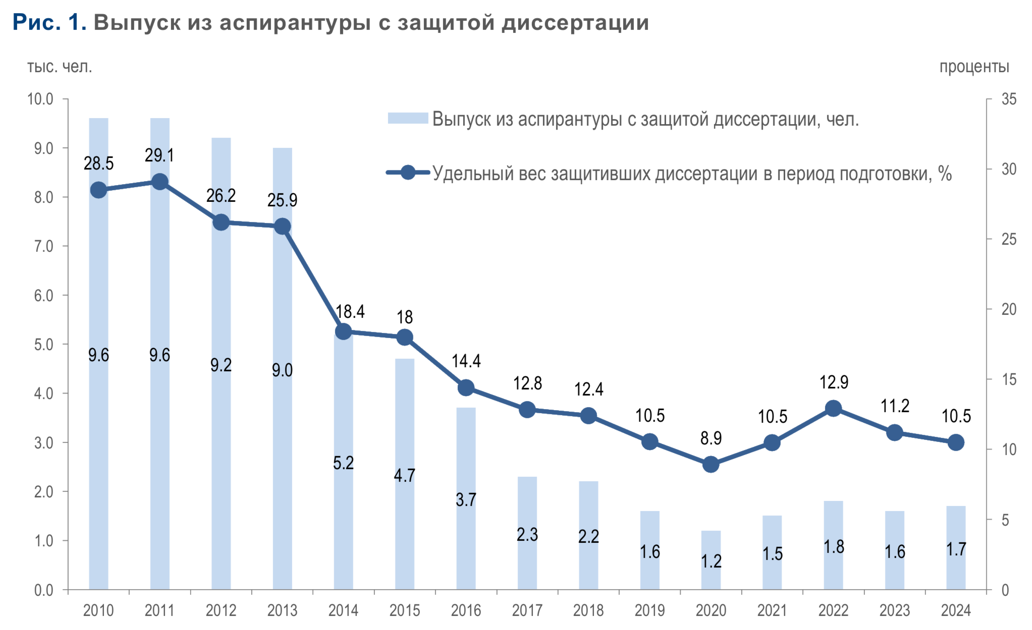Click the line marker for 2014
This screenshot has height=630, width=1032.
point(343,331)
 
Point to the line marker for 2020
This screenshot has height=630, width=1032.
point(711,464)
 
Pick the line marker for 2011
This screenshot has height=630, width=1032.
point(159,182)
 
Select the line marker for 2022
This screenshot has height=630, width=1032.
point(833,409)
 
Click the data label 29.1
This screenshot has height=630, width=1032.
point(159,155)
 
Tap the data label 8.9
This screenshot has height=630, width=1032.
point(711,438)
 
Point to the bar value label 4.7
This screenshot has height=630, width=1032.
point(404,475)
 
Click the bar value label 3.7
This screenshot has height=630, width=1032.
point(466,499)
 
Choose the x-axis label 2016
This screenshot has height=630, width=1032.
point(466,610)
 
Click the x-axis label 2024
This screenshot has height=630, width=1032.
point(955,610)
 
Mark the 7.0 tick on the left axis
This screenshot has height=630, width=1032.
point(43,246)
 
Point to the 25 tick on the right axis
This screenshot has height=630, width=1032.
point(1009,239)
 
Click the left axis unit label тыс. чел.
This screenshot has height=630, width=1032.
point(60,67)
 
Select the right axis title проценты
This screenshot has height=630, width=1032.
point(974,67)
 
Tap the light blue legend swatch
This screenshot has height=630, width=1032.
point(408,119)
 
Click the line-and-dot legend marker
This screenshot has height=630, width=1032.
point(408,173)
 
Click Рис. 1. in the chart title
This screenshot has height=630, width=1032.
point(49,23)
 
